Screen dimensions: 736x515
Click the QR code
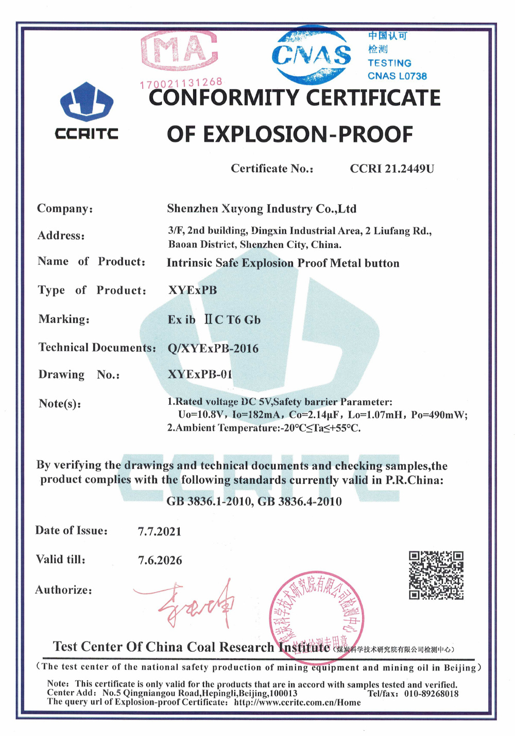coord(436,575)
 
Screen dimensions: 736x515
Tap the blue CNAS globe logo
coord(311,55)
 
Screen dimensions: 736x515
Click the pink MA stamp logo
coord(179,50)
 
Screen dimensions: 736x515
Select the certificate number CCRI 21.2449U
coord(392,169)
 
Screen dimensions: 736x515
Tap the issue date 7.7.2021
coord(160,531)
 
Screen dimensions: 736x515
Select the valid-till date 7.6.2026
coord(160,560)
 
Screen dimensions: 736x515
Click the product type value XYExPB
coord(193,290)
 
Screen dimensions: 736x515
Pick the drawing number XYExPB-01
coord(200,374)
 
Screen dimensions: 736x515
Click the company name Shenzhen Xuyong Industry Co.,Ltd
coord(262,209)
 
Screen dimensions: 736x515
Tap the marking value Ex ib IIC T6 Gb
coord(214,320)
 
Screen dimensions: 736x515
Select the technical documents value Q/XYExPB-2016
coord(213,348)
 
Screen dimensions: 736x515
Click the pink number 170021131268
coord(181,83)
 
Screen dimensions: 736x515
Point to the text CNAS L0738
coord(397,76)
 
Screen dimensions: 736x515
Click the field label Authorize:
coord(64,590)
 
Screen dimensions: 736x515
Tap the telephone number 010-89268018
coord(431,694)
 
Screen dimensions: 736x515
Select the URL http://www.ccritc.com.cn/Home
coord(297,702)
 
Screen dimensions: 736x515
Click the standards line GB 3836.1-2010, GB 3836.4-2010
coord(254,501)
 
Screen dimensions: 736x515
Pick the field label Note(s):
coord(60,403)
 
